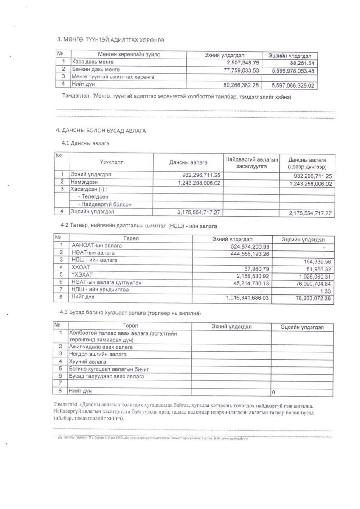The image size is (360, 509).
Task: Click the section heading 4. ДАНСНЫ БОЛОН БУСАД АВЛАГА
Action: point(101,131)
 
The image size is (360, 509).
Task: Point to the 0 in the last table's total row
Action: point(274,392)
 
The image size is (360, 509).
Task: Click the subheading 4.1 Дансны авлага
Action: point(85,143)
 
